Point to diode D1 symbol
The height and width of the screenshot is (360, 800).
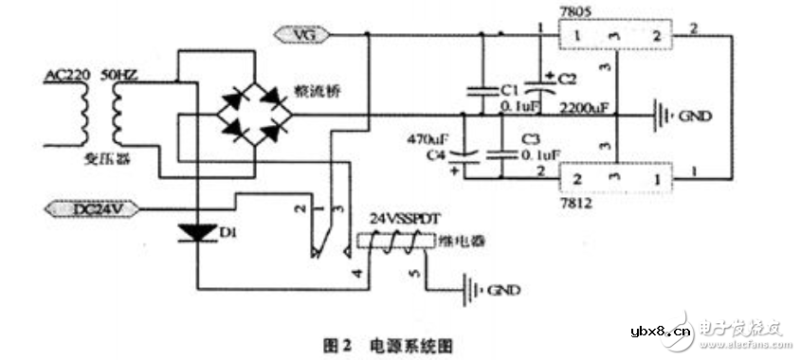(199, 229)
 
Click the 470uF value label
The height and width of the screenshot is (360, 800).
(437, 136)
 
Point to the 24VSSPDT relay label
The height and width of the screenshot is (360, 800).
(405, 216)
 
